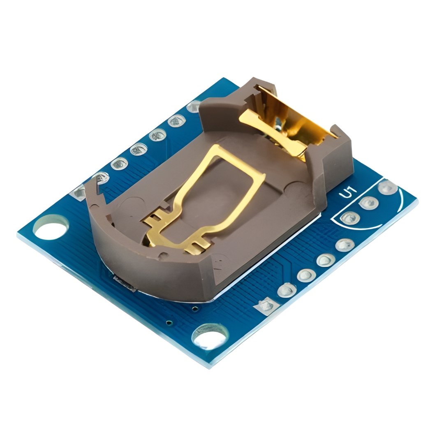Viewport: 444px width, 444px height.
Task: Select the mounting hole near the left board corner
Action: point(51,227)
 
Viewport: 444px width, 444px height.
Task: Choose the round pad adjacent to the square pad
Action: point(287,290)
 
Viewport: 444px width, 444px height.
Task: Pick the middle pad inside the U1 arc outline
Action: point(369,203)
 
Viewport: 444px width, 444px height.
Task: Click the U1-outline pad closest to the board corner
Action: point(388,187)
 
